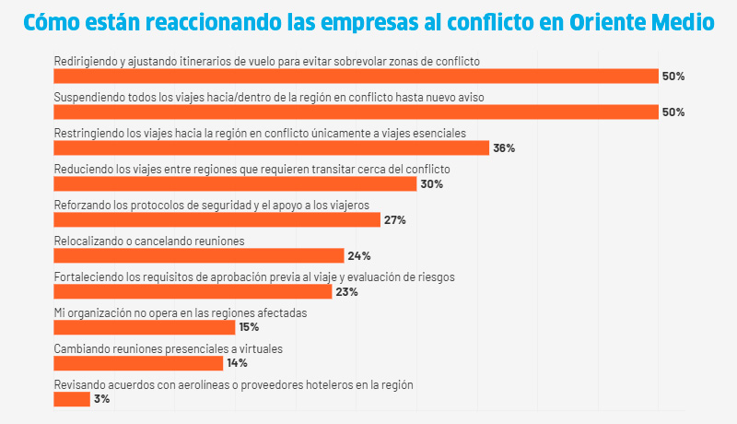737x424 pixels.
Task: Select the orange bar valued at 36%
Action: pos(271,147)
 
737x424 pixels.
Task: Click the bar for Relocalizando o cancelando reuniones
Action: pos(198,255)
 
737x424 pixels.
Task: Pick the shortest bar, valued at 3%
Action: pos(72,399)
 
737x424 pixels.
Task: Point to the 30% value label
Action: pos(431,184)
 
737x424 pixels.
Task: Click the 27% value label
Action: pos(394,220)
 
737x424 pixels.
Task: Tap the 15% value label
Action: pos(249,327)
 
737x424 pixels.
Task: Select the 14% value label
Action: pos(237,363)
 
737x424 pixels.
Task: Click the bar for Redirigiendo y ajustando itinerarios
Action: pos(356,76)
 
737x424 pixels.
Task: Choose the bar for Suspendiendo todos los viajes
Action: pos(356,112)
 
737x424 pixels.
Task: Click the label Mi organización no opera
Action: pos(180,312)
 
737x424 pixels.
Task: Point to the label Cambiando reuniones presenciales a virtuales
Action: pos(168,348)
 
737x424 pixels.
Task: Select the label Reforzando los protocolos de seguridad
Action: pos(211,205)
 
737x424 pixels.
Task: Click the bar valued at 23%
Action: pos(193,291)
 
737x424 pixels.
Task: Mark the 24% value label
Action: pos(358,256)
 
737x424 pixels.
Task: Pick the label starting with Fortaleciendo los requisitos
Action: pos(254,277)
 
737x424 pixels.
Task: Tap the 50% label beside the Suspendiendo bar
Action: pos(673,112)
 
